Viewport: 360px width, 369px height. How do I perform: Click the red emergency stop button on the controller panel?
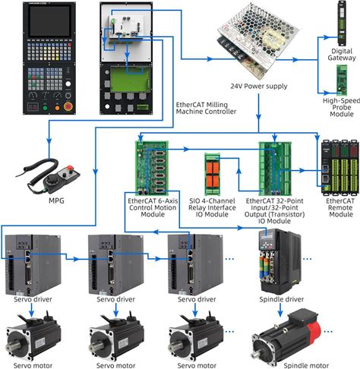tap(68, 106)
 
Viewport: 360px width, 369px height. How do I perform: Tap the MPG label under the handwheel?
tap(56, 201)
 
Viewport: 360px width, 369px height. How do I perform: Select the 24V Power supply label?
tap(259, 87)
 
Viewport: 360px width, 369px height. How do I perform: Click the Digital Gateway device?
tap(342, 24)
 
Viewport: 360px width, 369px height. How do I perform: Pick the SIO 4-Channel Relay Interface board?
tap(212, 174)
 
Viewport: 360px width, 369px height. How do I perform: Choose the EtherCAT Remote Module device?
tap(340, 168)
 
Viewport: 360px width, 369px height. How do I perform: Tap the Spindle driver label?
tap(282, 299)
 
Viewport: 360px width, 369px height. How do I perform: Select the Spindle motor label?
tap(306, 365)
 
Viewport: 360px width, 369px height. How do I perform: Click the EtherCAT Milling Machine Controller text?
tap(206, 108)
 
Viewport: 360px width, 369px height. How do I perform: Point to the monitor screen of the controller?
tap(50, 20)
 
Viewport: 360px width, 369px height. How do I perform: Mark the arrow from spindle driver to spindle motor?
tap(280, 310)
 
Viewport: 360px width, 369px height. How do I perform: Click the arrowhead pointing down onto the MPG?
tap(49, 141)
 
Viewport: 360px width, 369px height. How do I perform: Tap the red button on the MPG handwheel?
tap(69, 168)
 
